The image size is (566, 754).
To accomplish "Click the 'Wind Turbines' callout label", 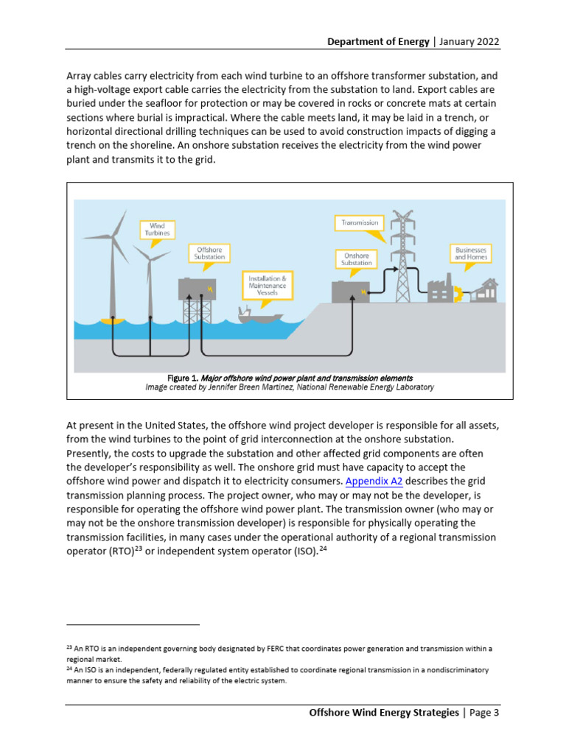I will tap(157, 229).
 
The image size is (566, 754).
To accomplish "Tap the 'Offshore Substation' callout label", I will tap(209, 253).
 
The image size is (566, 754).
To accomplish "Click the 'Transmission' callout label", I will tap(359, 222).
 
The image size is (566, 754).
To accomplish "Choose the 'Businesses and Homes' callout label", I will tap(469, 253).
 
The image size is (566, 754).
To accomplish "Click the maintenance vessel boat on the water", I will tap(260, 315).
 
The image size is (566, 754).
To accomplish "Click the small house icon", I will tap(486, 289).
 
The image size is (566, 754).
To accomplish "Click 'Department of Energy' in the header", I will tap(378, 41).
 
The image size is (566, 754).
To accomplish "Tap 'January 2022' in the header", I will tap(469, 41).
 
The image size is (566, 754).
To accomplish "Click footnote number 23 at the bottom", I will tap(69, 649).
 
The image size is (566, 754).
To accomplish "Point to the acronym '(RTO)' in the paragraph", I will tap(113, 552).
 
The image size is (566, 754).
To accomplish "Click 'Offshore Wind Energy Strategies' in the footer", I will tap(383, 713).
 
